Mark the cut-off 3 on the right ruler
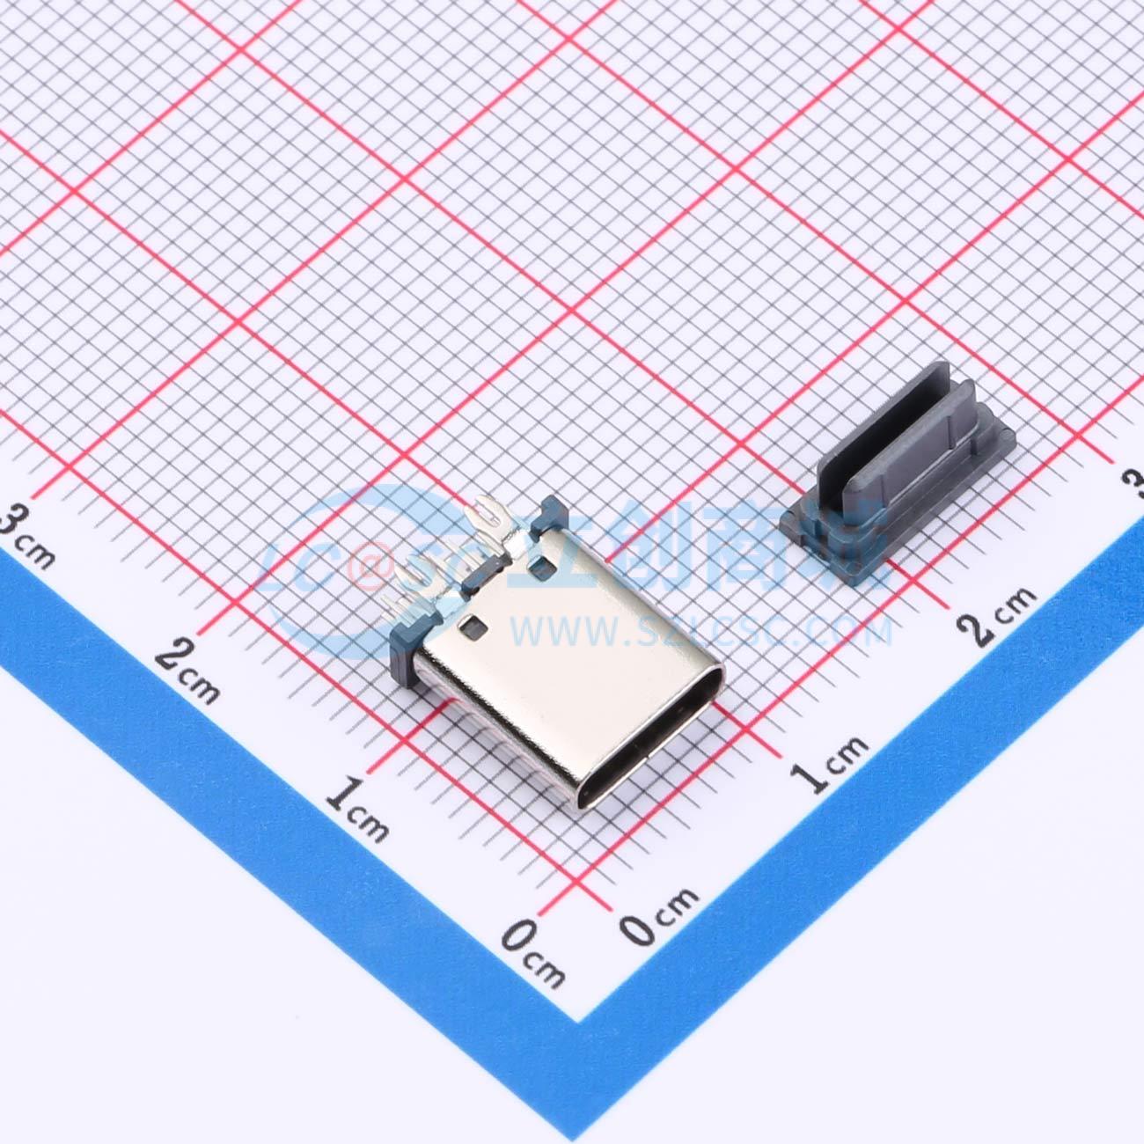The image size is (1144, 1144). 1134,484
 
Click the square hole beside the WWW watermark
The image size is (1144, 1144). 473,627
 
